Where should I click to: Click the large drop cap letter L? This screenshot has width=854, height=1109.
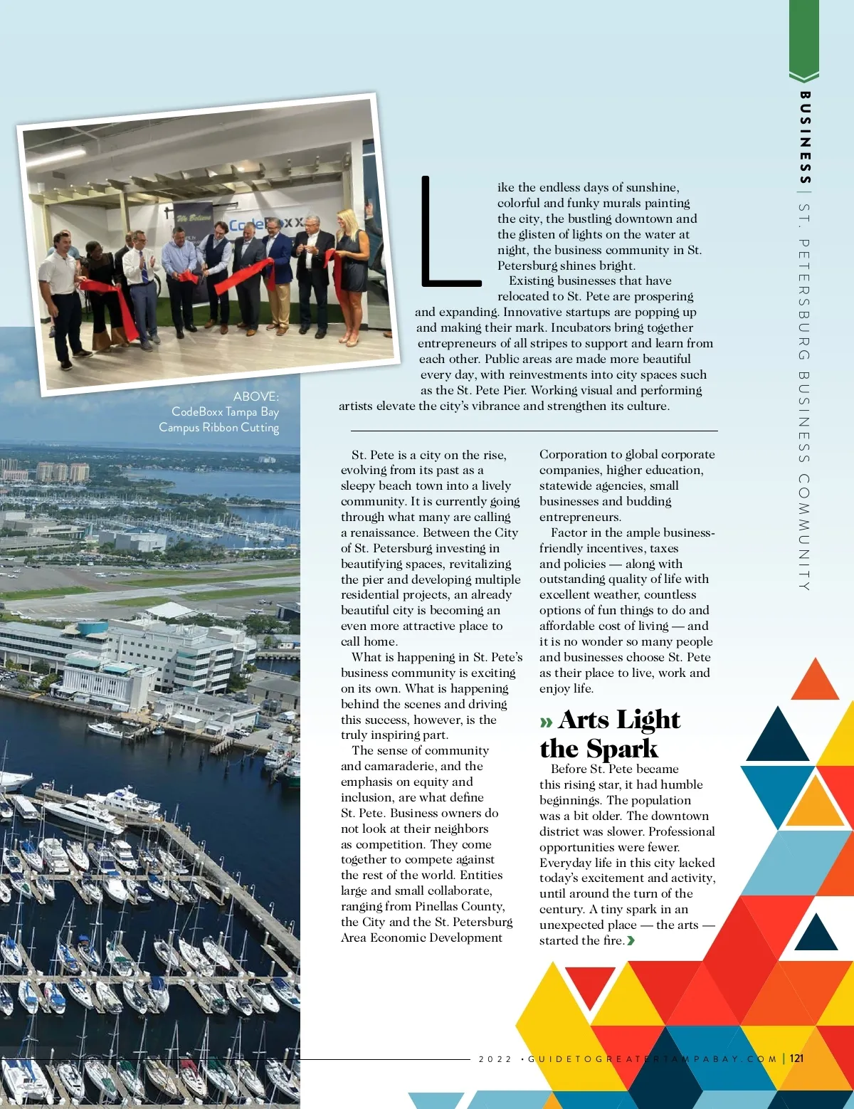448,231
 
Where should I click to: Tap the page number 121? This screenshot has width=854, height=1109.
796,1058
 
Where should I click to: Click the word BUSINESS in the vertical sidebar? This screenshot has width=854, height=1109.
805,137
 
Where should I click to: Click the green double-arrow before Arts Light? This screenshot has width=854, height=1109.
546,722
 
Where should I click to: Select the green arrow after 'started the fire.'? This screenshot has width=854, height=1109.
631,941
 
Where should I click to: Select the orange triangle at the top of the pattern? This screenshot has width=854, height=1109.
816,681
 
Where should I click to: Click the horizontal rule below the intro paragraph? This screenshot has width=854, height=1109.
534,431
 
